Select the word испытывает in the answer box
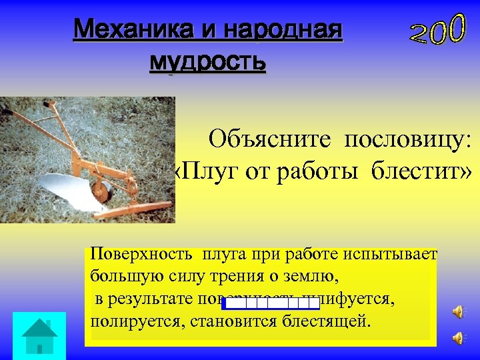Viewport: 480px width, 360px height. coord(398,254)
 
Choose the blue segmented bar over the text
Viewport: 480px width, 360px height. coord(271,304)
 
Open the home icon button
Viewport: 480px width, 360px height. coord(39,335)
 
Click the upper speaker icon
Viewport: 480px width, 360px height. coord(459,311)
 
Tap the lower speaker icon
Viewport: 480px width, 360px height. coord(459,338)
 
